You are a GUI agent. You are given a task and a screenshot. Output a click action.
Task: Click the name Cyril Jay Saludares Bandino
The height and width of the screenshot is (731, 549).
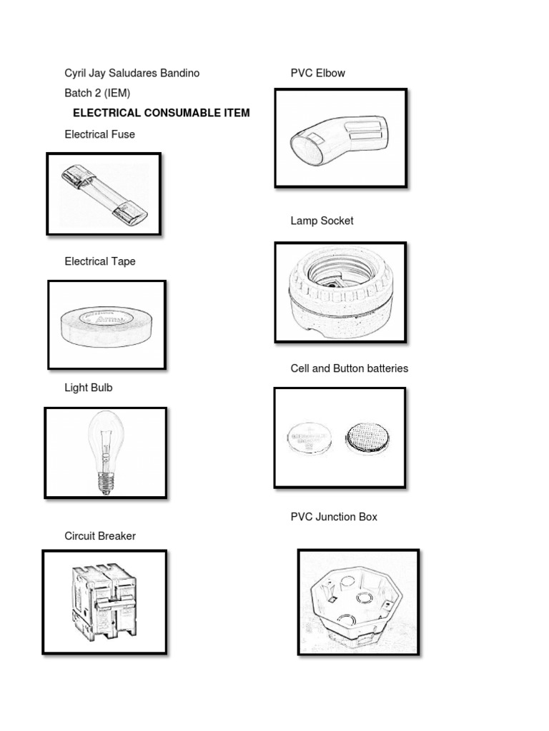coord(132,73)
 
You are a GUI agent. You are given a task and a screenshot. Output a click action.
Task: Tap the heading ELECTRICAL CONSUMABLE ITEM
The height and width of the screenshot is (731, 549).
coord(162,113)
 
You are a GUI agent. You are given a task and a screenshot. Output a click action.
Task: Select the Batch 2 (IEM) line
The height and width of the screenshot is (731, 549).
coord(97,93)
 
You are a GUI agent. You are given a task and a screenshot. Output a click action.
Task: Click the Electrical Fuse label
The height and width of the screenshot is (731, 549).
coord(99,134)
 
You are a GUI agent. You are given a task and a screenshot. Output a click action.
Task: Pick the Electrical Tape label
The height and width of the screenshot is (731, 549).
coord(99,261)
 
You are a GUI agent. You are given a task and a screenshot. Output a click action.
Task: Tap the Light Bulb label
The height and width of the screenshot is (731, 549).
coord(88,388)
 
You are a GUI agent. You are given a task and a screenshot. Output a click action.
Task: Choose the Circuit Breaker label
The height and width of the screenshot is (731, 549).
coord(99,536)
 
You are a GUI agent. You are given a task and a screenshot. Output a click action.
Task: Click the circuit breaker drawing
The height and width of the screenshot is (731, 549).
coord(104,602)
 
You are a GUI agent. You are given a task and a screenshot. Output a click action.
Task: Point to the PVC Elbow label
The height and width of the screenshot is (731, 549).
coord(317,73)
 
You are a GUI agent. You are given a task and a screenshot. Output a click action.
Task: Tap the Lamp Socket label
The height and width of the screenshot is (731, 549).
coord(322,221)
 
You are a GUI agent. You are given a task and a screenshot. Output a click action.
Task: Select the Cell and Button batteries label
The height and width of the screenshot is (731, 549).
coord(349,368)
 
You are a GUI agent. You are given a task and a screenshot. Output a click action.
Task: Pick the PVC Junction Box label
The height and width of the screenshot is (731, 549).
coord(334,516)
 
